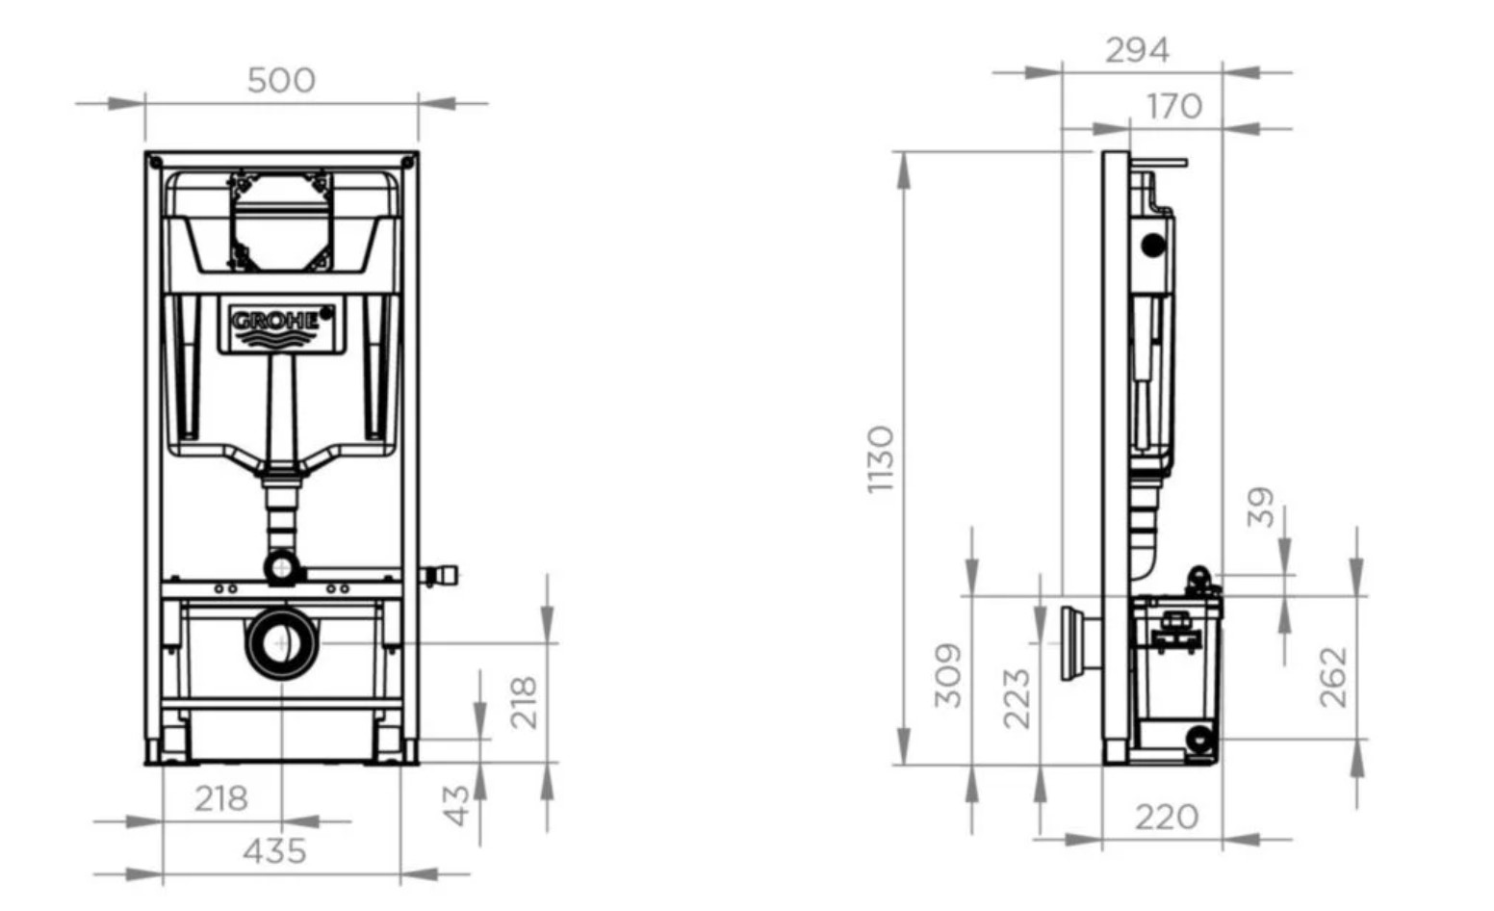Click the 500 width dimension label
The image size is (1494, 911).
tap(281, 81)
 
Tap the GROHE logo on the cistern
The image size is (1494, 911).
tap(281, 325)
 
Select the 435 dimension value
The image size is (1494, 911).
tap(274, 851)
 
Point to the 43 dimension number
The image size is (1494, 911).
tap(456, 805)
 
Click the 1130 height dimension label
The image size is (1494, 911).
tap(880, 460)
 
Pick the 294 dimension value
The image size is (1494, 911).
tap(1137, 51)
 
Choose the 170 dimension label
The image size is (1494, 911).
tap(1174, 107)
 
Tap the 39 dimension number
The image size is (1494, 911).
tap(1261, 508)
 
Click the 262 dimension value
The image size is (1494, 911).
tap(1333, 677)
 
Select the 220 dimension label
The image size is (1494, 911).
tap(1167, 818)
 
